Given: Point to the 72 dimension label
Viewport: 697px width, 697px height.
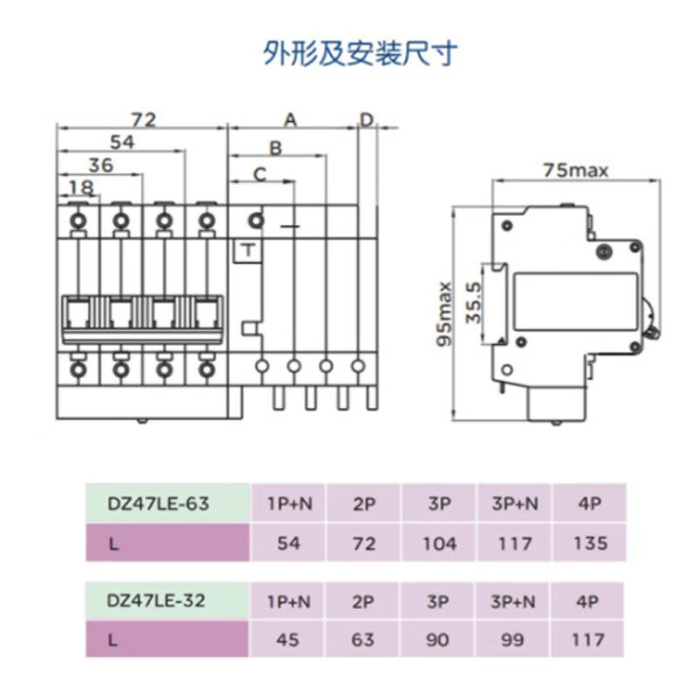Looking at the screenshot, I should click(143, 119).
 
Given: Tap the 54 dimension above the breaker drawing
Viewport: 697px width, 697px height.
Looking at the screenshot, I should click(122, 142).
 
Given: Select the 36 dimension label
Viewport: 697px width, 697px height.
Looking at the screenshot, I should click(101, 165).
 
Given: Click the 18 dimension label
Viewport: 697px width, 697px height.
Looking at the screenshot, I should click(80, 186).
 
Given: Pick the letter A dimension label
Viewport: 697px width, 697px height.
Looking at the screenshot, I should click(291, 119).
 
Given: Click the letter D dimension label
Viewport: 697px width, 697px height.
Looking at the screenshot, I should click(367, 119).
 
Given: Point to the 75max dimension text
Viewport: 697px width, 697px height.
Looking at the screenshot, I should click(575, 170).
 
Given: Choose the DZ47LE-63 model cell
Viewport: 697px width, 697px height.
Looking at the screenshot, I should click(159, 504).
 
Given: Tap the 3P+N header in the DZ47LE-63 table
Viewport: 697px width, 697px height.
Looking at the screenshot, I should click(514, 504).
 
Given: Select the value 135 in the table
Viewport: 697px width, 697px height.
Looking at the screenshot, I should click(590, 543).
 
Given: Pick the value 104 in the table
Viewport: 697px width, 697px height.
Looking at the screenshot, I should click(438, 543).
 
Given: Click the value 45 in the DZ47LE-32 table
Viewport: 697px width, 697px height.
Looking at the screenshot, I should click(288, 639).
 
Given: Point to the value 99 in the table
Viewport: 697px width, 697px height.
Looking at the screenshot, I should click(514, 639).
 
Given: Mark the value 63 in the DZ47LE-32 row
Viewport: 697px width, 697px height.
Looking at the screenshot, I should click(363, 639).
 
